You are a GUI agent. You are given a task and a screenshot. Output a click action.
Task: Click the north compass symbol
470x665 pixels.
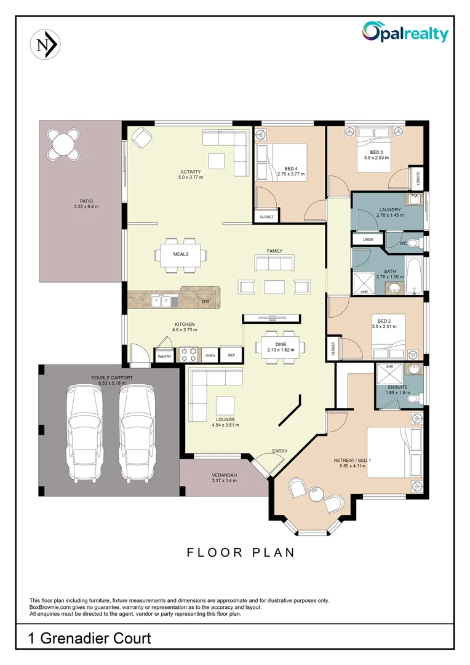click(x=44, y=44)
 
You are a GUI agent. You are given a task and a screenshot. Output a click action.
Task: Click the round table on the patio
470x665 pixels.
click(x=64, y=145)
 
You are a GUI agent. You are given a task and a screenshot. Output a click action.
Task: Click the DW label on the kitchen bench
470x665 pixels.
click(x=205, y=302)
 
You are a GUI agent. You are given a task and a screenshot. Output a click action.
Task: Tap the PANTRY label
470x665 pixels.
click(x=164, y=356)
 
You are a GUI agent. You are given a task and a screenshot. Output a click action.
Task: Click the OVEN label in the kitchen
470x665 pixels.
click(x=210, y=355)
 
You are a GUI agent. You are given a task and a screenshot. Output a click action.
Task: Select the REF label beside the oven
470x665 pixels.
click(x=231, y=355)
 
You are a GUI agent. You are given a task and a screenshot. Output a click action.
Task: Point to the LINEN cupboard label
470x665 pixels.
click(x=368, y=239)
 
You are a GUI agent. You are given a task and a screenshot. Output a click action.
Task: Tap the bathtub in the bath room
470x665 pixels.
click(x=415, y=275)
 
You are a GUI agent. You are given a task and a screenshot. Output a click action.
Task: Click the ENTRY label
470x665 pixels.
click(x=280, y=451)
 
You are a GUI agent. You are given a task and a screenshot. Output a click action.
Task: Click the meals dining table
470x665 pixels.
click(x=180, y=254)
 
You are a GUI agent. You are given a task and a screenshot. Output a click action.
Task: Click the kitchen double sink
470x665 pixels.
click(x=165, y=301)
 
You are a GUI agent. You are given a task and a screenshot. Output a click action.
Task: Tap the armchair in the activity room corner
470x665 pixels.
click(x=141, y=137)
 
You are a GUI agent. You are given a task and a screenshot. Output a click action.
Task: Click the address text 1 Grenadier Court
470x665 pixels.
click(x=89, y=639)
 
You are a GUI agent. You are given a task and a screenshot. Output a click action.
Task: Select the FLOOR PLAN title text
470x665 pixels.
click(x=241, y=552)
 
